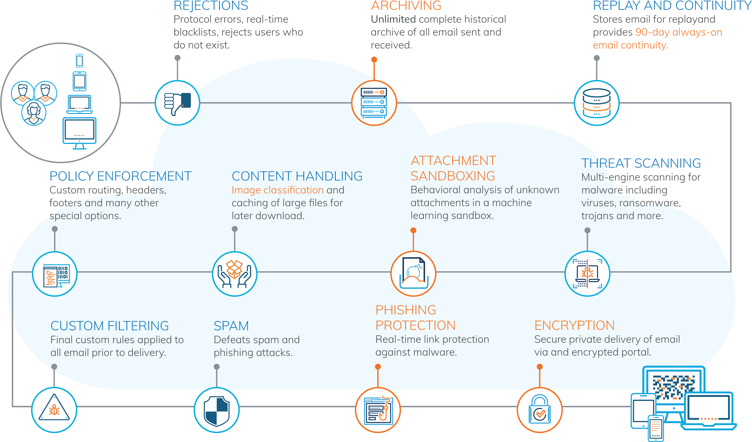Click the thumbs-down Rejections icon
[x=177, y=103]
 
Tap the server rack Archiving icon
[x=374, y=103]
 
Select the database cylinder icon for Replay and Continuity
[x=597, y=103]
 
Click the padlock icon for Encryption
[x=540, y=410]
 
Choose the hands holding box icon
[x=234, y=274]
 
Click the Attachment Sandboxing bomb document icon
[x=413, y=274]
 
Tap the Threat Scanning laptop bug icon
[x=587, y=274]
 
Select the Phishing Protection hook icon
[x=378, y=410]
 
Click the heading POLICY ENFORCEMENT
[x=120, y=176]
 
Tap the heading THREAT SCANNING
[x=641, y=163]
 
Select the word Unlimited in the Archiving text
[x=393, y=19]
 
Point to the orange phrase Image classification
[x=277, y=190]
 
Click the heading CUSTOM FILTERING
[x=110, y=326]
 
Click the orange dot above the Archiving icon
[x=374, y=60]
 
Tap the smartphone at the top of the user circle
[x=79, y=61]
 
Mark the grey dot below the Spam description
[x=217, y=367]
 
